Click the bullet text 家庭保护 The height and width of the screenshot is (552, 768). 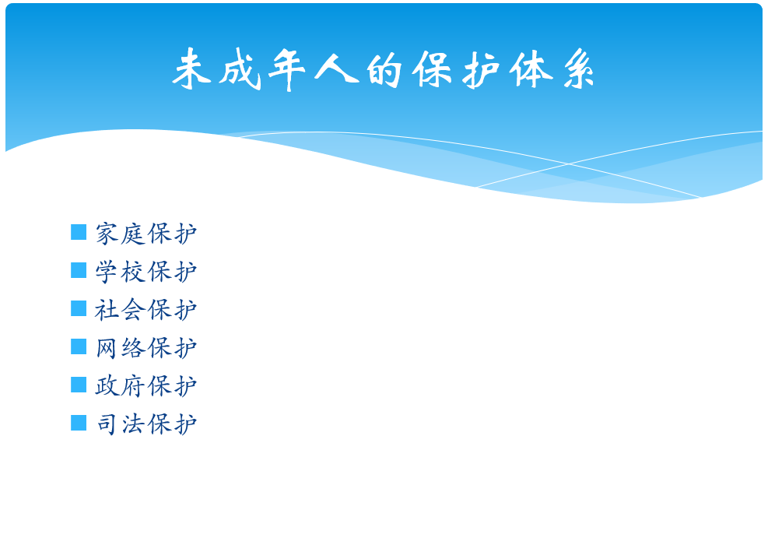pos(146,234)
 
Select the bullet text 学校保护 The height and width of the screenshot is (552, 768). pos(146,272)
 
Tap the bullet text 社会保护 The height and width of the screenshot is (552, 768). pos(146,310)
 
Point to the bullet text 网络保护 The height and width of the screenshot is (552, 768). pos(146,348)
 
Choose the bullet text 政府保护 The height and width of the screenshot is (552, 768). pos(146,386)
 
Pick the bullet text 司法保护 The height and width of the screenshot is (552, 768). pos(146,424)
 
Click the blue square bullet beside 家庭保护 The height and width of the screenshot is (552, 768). pos(79,232)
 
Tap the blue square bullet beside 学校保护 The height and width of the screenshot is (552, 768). pos(79,270)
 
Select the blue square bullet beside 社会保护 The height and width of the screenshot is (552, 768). pos(79,308)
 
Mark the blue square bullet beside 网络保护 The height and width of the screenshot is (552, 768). pos(79,346)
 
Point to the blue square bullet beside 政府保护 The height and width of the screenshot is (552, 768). pos(79,385)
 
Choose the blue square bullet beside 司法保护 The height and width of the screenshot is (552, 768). pos(79,423)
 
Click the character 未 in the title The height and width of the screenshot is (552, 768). pos(191,69)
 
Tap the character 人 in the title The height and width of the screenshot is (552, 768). pos(336,69)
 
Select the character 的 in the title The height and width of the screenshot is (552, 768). pos(384,70)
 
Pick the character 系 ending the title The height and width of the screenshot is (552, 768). pos(578,69)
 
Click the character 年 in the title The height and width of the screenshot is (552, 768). pos(287,69)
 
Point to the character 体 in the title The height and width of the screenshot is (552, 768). pos(531,69)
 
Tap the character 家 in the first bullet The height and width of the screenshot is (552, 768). pos(107,234)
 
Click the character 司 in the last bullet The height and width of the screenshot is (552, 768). pos(107,424)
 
